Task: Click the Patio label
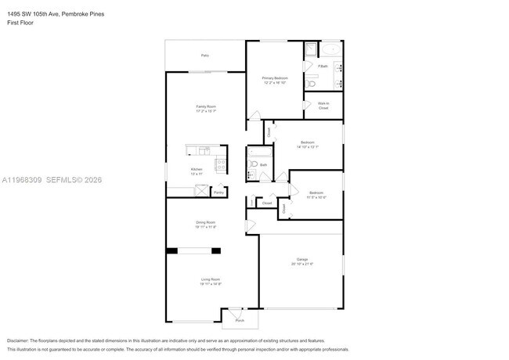[205, 56]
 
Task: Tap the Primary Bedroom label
[275, 78]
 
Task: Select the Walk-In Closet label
[323, 106]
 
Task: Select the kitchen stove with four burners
[221, 165]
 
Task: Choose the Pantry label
[219, 192]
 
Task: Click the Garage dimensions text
[302, 264]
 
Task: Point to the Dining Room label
[206, 223]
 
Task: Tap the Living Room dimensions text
[210, 284]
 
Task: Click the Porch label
[240, 320]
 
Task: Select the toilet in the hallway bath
[254, 164]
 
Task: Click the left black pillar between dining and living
[171, 251]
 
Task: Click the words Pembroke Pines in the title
[82, 13]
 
